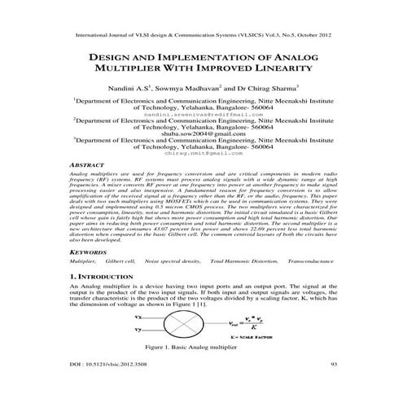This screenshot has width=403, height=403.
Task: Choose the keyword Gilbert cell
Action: pos(120,261)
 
